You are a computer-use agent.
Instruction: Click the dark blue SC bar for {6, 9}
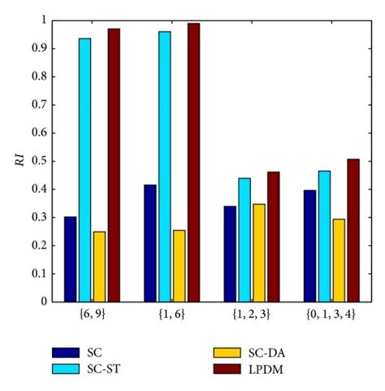pos(70,259)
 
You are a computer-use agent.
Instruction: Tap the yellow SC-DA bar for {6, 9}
pos(99,267)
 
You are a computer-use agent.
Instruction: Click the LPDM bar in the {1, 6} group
pos(193,163)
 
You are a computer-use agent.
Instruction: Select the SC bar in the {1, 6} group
pos(149,243)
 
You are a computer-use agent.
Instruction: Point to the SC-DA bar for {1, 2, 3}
pos(259,253)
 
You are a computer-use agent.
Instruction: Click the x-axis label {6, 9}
pos(92,312)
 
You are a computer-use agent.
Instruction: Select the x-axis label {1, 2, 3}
pos(252,312)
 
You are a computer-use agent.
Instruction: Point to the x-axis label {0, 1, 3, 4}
pos(331,312)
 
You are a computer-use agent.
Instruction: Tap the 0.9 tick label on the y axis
pos(34,48)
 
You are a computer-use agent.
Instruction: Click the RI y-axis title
pos(18,160)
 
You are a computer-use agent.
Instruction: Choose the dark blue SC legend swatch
pos(64,352)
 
